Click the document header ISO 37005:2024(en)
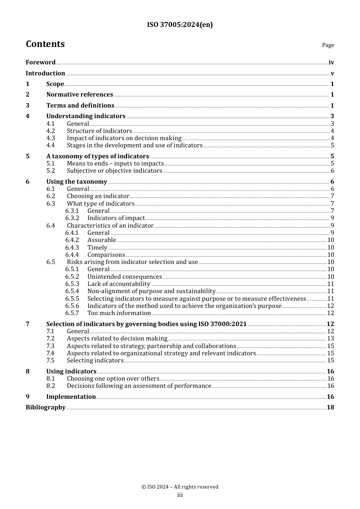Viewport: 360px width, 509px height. (180, 25)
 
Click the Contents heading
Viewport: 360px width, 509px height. (45, 44)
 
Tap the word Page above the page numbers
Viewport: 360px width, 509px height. (328, 45)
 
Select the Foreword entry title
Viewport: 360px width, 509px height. (41, 62)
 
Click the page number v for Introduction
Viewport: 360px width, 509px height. (332, 73)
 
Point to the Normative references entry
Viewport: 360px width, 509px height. (80, 95)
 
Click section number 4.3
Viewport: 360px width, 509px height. (50, 138)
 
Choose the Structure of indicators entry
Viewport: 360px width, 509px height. (99, 131)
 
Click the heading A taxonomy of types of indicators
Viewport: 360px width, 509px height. (97, 156)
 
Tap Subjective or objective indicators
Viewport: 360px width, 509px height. (114, 171)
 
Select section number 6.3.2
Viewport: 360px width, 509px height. (72, 218)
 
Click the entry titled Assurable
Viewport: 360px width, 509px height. (102, 240)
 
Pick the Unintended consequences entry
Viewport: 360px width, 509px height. (125, 277)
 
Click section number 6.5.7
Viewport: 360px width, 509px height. (72, 313)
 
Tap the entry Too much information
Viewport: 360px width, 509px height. (119, 313)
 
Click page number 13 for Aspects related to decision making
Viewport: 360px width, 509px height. (330, 339)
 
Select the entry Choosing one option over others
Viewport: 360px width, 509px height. (113, 379)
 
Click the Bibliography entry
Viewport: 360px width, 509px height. (45, 408)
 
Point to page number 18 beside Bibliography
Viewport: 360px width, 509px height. (330, 408)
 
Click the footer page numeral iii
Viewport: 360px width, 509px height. (180, 495)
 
